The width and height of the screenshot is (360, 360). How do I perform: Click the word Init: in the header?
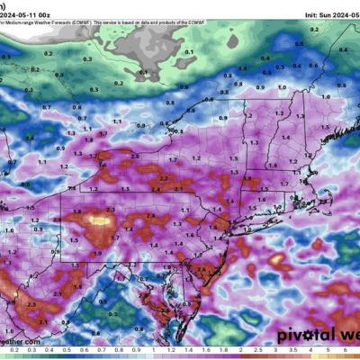coord(286,4)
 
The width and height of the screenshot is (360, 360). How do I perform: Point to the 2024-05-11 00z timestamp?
coord(31,4)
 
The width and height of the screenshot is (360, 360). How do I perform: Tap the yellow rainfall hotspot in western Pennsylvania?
coord(97,218)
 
